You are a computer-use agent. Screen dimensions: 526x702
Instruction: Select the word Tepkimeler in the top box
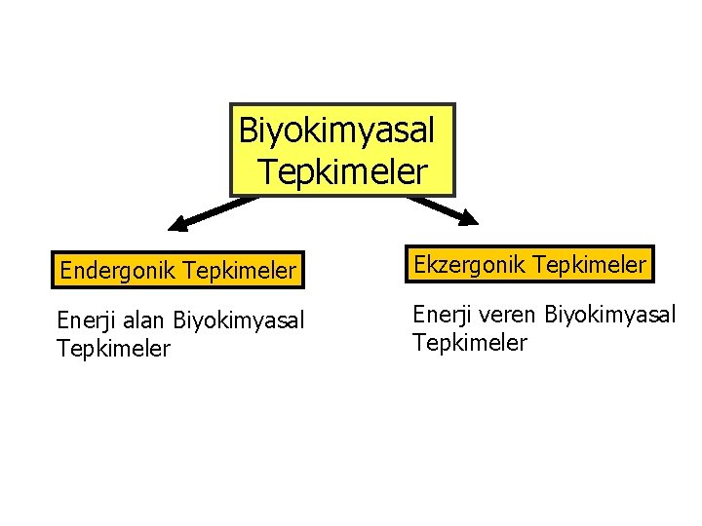343,171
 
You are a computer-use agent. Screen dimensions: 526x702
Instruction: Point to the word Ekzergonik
464,264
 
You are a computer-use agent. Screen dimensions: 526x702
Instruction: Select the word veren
508,314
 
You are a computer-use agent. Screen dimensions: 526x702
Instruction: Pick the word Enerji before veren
442,314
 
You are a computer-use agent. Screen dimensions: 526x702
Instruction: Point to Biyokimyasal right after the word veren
610,314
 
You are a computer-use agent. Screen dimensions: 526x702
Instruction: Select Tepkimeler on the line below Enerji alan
114,348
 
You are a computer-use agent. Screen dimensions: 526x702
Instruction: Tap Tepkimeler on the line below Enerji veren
470,342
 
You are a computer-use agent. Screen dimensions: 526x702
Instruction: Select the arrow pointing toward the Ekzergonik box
440,209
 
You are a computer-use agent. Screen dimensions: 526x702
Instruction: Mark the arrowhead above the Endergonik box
177,226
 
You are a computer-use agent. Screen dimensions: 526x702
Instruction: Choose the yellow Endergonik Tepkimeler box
177,270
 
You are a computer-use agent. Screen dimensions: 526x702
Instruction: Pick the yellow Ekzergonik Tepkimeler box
529,264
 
